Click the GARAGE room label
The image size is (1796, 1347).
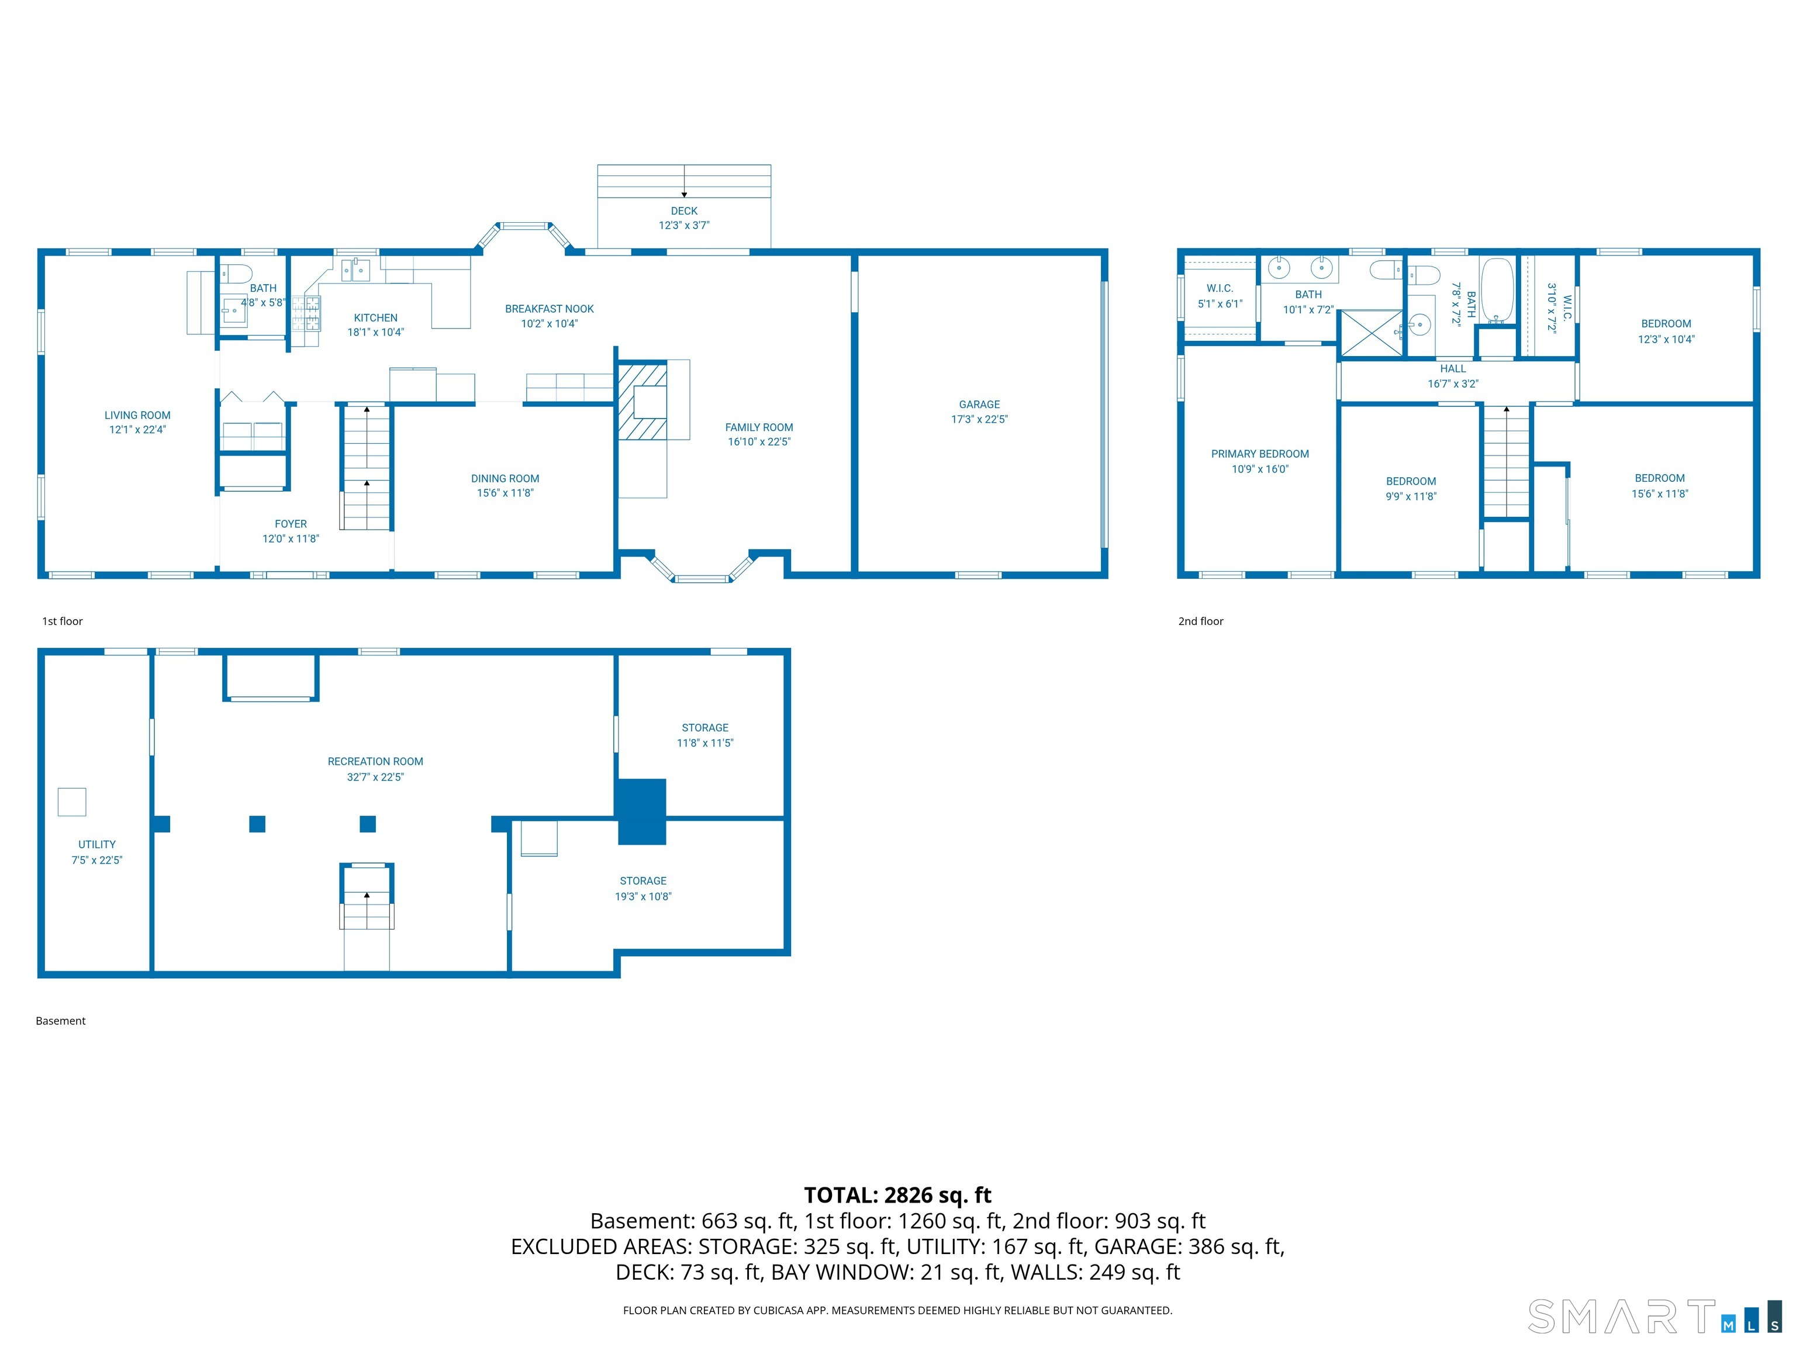(x=979, y=405)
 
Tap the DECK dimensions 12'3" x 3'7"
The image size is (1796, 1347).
(x=683, y=226)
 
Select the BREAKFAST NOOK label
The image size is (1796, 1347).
(x=549, y=309)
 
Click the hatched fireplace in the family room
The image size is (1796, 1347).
(x=641, y=402)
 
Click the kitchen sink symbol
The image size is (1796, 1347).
(x=355, y=269)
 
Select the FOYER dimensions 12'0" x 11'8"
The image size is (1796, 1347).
(x=290, y=539)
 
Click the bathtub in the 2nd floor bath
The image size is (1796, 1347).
(x=1497, y=290)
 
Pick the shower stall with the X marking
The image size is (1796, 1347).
(x=1370, y=333)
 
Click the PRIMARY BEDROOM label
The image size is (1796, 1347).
(x=1259, y=454)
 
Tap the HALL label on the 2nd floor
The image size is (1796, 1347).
(x=1453, y=369)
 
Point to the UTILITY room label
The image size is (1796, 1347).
(x=96, y=844)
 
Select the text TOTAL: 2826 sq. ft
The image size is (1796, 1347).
(x=897, y=1195)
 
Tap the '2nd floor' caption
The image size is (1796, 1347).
(x=1200, y=621)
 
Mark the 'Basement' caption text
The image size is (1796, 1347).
(x=60, y=1021)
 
